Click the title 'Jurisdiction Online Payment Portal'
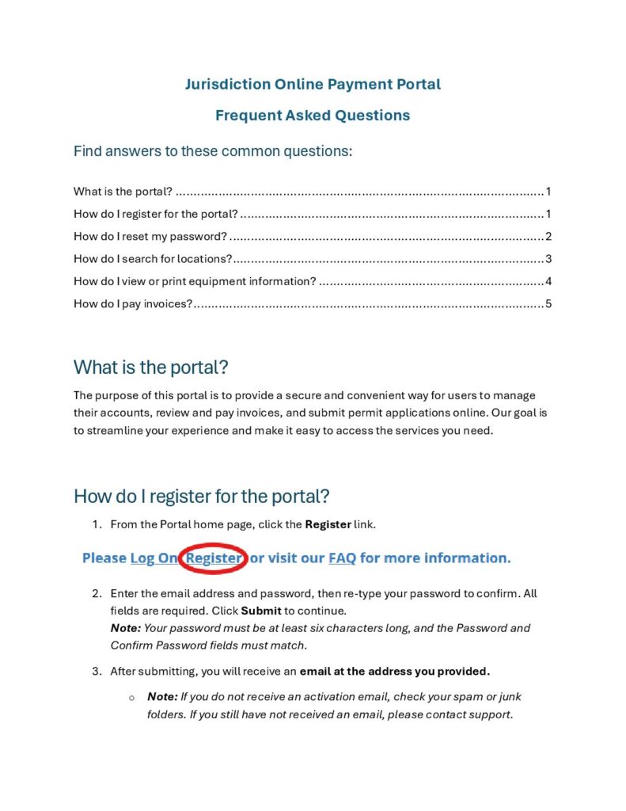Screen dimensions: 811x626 (313, 84)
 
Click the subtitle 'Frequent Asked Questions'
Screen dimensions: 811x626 (313, 115)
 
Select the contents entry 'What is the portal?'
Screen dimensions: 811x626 (123, 192)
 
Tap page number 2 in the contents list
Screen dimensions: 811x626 (548, 237)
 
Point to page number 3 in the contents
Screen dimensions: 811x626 (548, 259)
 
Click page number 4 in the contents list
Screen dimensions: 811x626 (548, 281)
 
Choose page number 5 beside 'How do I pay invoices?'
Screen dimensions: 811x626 (548, 304)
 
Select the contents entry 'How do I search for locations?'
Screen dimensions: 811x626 (153, 259)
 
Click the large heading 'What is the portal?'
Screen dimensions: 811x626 (150, 367)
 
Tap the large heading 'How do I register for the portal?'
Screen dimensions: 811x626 (201, 497)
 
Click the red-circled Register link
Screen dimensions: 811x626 (214, 558)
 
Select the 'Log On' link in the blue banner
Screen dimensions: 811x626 (154, 558)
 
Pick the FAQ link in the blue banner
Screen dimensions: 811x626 (342, 558)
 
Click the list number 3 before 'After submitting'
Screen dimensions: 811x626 (97, 672)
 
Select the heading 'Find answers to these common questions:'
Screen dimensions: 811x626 (213, 150)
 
